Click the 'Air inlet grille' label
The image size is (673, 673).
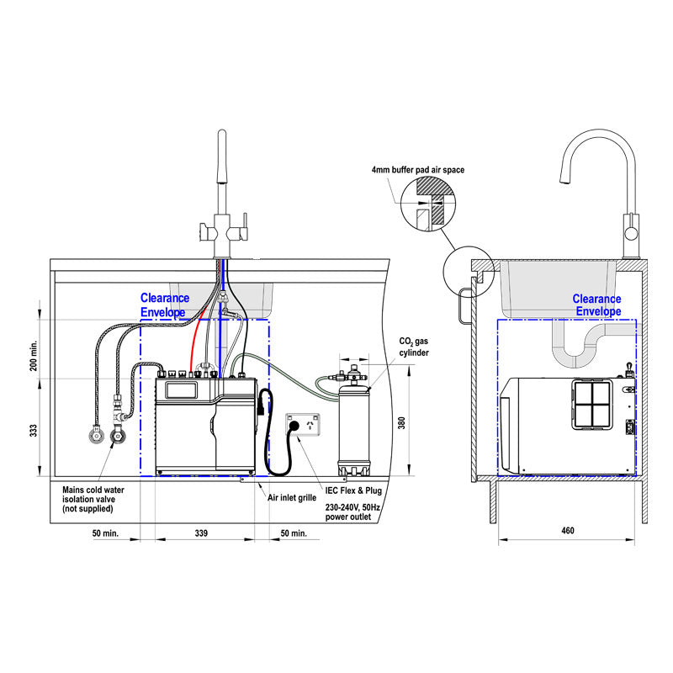[291, 497]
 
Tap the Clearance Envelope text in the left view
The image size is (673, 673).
[165, 305]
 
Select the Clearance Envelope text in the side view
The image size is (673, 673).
[596, 305]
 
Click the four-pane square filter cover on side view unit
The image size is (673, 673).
[594, 405]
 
